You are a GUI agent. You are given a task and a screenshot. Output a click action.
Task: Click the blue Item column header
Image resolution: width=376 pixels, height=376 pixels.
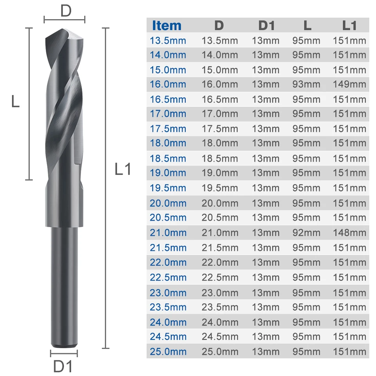point(167,25)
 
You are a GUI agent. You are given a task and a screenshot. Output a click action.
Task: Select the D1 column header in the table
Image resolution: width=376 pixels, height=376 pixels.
point(266,25)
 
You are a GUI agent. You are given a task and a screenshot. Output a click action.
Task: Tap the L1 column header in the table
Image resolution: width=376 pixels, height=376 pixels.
point(349,25)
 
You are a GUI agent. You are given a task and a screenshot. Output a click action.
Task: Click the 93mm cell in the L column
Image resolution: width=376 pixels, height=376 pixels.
point(306,84)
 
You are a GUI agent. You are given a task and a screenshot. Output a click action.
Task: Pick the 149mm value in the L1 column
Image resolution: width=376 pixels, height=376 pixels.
point(349,84)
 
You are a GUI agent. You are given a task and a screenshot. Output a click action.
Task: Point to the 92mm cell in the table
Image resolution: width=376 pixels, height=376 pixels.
point(306,233)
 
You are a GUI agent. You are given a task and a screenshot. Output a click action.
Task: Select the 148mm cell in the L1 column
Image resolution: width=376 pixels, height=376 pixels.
point(349,233)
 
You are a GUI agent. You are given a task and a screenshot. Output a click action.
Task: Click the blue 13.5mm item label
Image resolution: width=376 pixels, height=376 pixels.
point(168,40)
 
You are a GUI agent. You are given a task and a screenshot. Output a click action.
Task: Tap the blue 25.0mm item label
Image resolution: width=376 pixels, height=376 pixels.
point(168,352)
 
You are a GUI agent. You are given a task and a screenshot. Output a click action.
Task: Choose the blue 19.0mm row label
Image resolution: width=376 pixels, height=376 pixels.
point(168,173)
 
